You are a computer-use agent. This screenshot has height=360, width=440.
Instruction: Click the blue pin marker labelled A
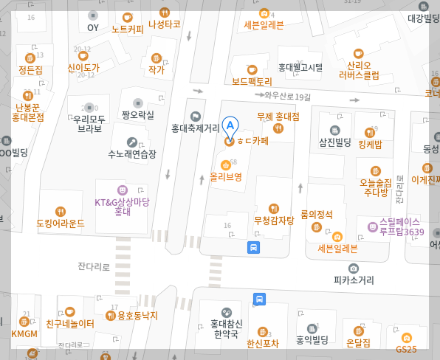[230, 127]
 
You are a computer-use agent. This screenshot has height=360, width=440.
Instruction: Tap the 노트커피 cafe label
[128, 30]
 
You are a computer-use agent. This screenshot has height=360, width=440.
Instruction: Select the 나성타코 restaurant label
[165, 24]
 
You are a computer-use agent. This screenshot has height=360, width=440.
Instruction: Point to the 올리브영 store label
[226, 176]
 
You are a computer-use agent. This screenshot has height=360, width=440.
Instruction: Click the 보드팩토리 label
[252, 81]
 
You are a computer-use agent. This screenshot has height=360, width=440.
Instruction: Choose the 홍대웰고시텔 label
[300, 67]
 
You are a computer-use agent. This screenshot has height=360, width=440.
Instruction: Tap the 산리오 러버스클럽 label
[359, 69]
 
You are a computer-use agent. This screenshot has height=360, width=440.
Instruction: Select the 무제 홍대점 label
[278, 117]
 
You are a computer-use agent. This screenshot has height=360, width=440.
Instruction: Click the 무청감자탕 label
[274, 219]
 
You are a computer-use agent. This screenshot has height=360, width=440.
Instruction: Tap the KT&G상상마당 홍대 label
[123, 207]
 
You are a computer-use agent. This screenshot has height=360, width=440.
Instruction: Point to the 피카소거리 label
[354, 280]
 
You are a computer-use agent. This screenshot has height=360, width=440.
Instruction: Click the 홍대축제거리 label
[195, 127]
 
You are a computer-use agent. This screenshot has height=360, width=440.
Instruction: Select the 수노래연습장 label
[132, 154]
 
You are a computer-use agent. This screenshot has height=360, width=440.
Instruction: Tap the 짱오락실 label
[138, 115]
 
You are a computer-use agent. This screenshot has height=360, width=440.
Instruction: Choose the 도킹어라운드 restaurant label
[61, 222]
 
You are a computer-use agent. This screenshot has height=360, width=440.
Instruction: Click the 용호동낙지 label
[132, 316]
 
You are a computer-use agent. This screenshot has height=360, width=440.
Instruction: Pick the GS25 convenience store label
[406, 349]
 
